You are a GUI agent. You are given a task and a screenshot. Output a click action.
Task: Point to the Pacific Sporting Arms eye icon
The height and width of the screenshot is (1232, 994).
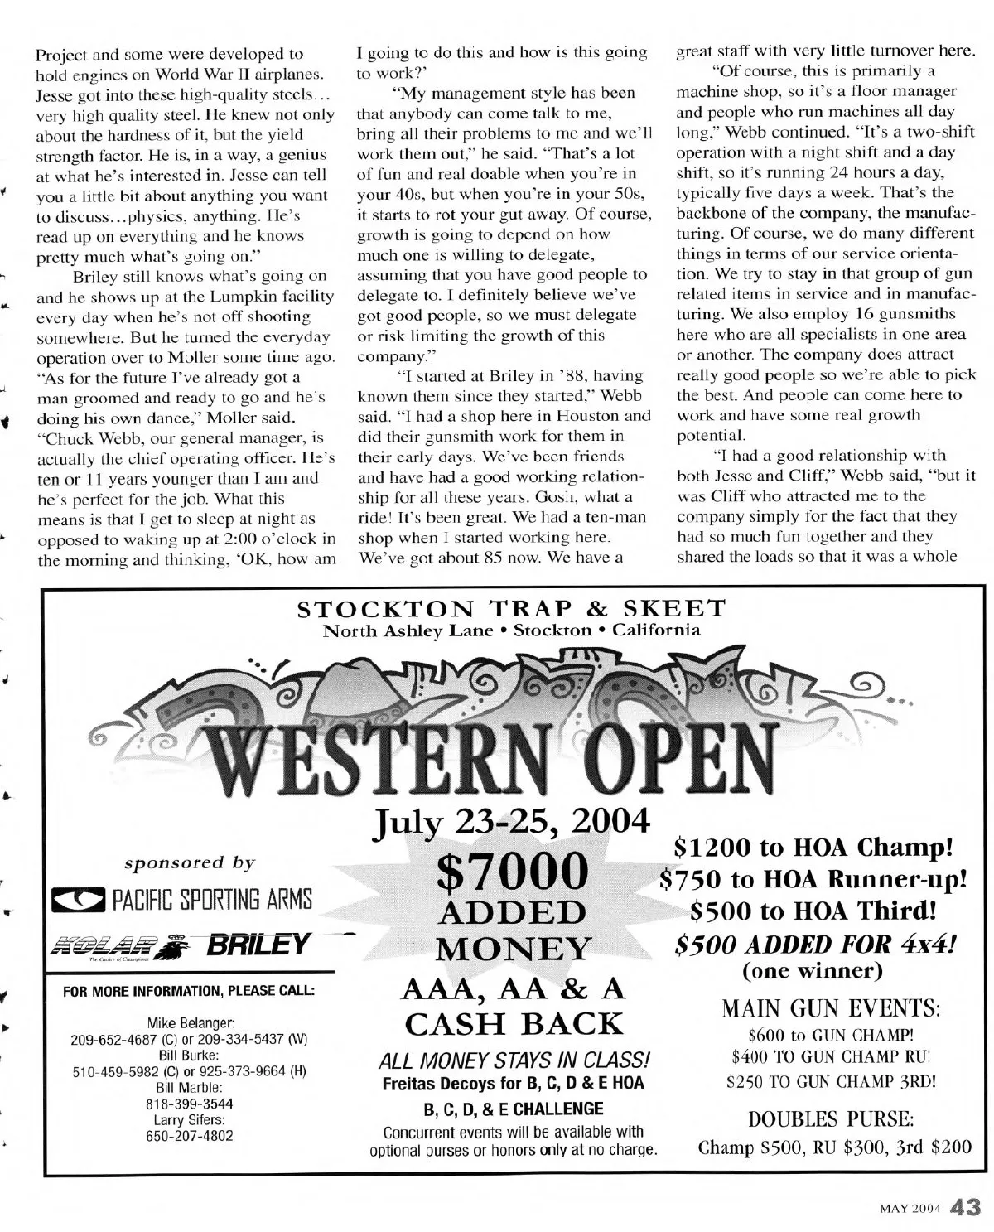(x=77, y=899)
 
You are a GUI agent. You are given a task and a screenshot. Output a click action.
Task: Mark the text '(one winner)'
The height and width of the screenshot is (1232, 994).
(x=813, y=969)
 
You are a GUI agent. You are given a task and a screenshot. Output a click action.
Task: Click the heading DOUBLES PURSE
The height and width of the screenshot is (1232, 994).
(x=831, y=1119)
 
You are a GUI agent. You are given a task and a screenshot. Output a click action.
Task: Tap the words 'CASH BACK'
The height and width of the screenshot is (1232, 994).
(x=513, y=1024)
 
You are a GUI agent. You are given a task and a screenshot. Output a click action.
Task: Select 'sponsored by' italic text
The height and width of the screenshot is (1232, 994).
(x=190, y=862)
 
